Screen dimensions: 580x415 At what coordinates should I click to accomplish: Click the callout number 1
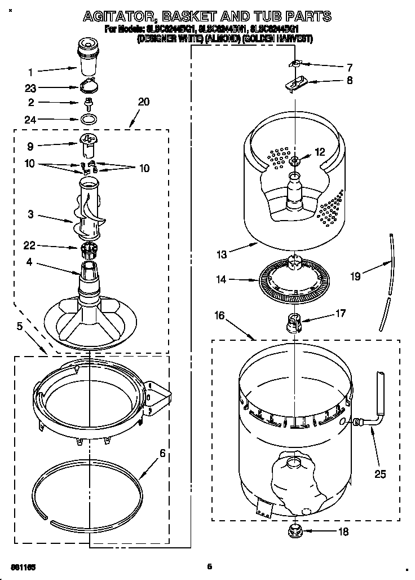coord(30,72)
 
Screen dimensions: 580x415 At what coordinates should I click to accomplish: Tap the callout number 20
coord(143,102)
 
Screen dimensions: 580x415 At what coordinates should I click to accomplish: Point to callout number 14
coord(221,278)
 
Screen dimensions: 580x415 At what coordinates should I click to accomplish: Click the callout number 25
coord(381,474)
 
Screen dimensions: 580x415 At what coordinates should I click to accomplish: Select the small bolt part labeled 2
coord(89,104)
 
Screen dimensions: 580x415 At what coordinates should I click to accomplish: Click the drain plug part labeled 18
coord(293,530)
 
